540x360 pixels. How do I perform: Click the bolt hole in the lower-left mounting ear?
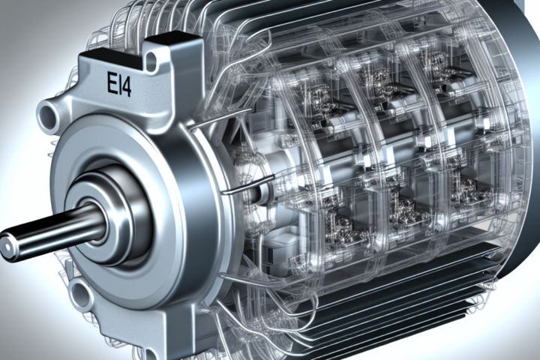click(81, 295)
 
